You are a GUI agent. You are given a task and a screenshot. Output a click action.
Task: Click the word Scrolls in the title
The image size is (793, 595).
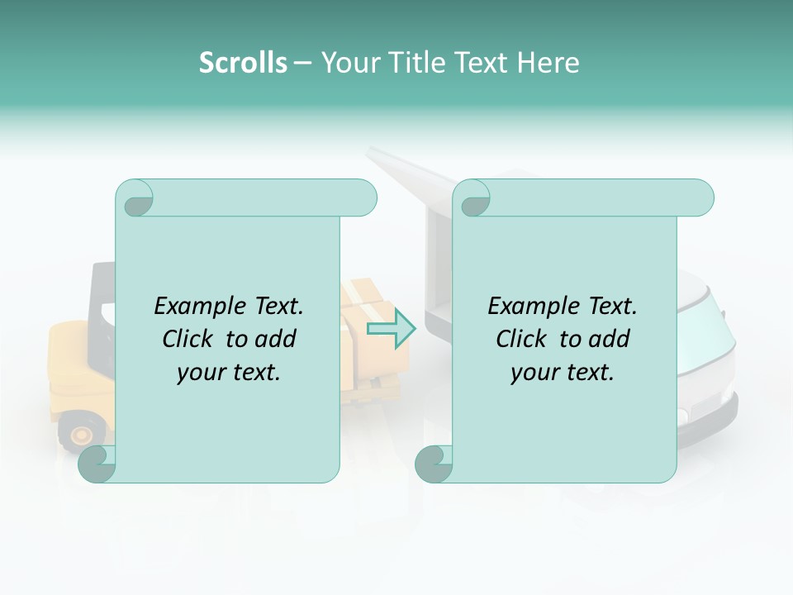(243, 62)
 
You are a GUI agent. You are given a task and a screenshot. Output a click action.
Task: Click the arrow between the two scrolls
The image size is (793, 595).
(392, 329)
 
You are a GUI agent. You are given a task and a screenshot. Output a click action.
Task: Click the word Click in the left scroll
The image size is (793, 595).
(189, 339)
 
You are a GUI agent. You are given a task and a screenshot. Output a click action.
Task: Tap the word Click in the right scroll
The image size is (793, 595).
(523, 339)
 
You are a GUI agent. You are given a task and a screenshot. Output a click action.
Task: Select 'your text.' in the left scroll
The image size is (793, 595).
(229, 372)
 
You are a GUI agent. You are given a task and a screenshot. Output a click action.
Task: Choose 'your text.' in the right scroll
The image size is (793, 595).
(563, 372)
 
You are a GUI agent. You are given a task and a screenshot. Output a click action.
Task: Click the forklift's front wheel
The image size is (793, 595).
(81, 433)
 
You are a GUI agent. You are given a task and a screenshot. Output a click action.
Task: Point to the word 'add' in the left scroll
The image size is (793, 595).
(275, 339)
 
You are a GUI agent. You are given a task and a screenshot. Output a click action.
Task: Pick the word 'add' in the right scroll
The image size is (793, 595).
(609, 339)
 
